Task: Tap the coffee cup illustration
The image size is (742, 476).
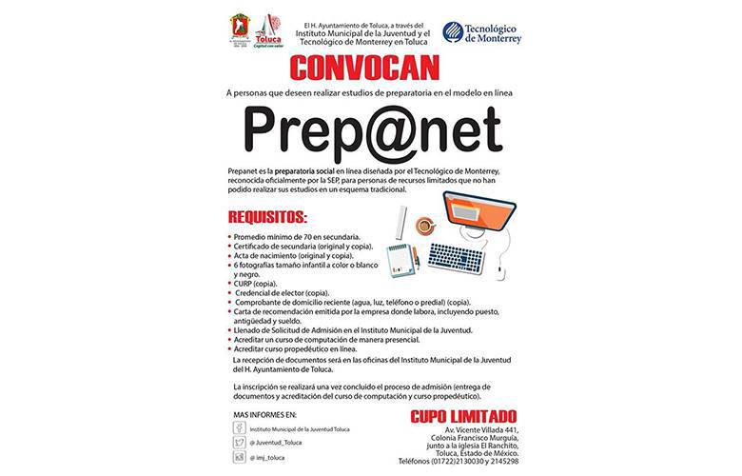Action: [x=424, y=227]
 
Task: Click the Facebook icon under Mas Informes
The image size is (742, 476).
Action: [x=240, y=429]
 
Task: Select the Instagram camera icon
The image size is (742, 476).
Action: [x=240, y=458]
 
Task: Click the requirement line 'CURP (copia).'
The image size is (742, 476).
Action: [x=255, y=284]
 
